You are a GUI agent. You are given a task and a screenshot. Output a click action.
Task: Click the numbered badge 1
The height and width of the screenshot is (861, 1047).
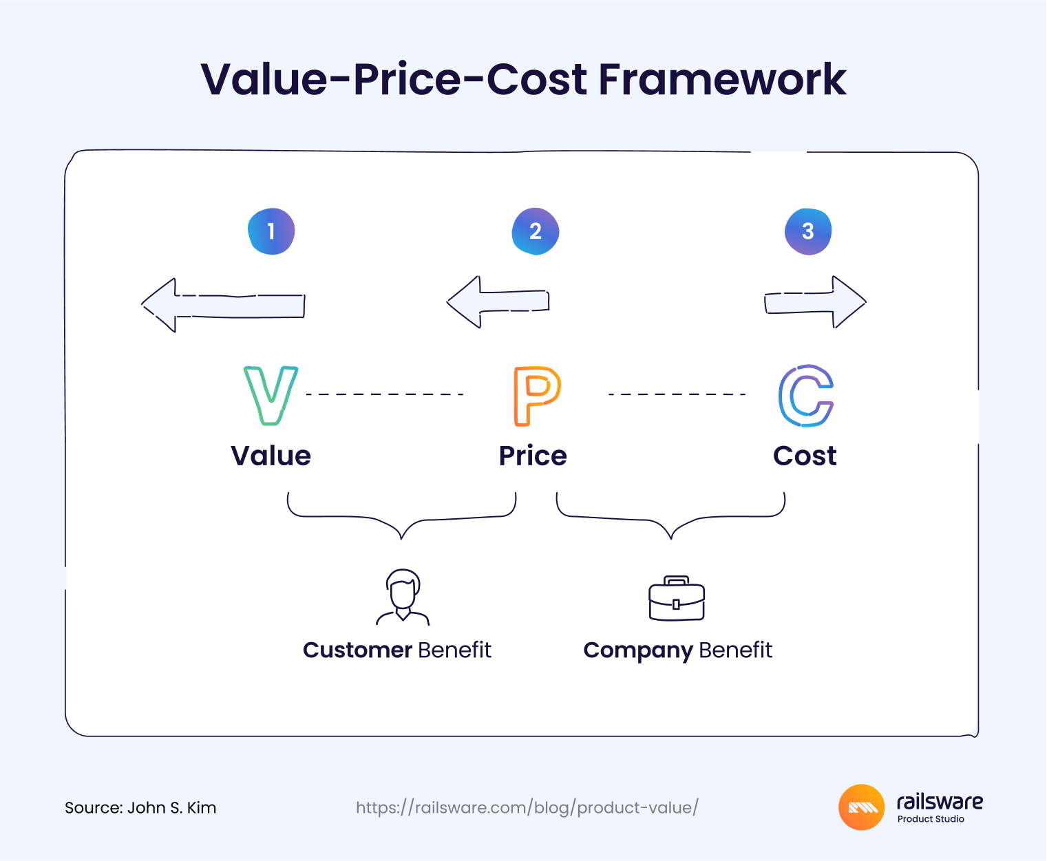pyautogui.click(x=271, y=231)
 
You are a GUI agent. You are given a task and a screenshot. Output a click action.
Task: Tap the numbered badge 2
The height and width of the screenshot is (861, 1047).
pyautogui.click(x=536, y=231)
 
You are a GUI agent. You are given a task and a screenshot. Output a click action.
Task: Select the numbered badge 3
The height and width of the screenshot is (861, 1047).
pyautogui.click(x=808, y=231)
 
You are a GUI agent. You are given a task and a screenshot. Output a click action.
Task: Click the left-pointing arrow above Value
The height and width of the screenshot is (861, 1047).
pyautogui.click(x=223, y=305)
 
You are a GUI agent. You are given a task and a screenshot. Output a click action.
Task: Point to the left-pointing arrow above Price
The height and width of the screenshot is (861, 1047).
pyautogui.click(x=498, y=301)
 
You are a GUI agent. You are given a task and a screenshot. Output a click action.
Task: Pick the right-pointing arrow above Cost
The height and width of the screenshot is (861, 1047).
pyautogui.click(x=815, y=301)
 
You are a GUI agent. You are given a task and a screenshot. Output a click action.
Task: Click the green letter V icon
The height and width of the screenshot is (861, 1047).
pyautogui.click(x=271, y=395)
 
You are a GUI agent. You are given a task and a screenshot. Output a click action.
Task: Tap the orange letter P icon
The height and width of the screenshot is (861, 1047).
pyautogui.click(x=536, y=395)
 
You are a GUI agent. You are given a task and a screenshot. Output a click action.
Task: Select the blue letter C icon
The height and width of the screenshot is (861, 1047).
pyautogui.click(x=805, y=395)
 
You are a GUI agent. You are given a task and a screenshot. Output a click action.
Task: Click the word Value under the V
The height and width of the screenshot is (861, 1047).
pyautogui.click(x=271, y=456)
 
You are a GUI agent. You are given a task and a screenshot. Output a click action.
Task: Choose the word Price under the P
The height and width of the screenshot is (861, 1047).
pyautogui.click(x=533, y=456)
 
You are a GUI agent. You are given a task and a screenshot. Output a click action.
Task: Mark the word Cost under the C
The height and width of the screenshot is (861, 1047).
pyautogui.click(x=805, y=456)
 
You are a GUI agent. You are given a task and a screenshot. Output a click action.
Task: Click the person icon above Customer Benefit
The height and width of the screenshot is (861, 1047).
pyautogui.click(x=403, y=597)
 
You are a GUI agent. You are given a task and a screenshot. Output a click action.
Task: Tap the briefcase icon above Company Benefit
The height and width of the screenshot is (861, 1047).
pyautogui.click(x=677, y=598)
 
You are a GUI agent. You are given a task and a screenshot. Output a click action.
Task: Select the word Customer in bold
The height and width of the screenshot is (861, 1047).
pyautogui.click(x=357, y=650)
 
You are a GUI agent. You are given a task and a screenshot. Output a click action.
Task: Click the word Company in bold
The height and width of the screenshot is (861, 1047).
pyautogui.click(x=637, y=650)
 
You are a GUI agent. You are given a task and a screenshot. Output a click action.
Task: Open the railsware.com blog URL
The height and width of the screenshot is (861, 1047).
pyautogui.click(x=527, y=807)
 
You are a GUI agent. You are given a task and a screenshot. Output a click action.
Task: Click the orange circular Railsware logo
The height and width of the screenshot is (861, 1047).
pyautogui.click(x=861, y=807)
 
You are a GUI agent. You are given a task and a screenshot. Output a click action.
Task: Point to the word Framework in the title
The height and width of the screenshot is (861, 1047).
pyautogui.click(x=722, y=79)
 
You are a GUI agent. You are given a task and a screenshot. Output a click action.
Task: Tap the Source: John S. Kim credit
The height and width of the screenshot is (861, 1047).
pyautogui.click(x=140, y=807)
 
